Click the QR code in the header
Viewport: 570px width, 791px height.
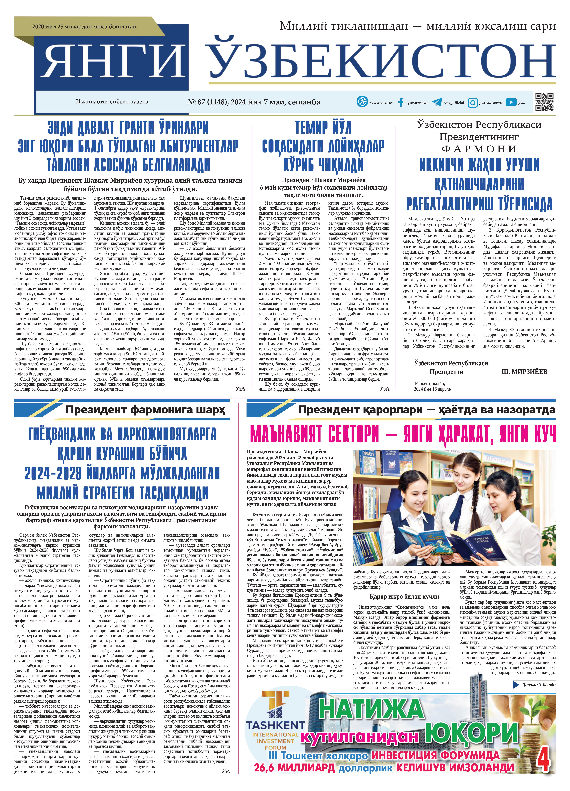click(544, 102)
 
